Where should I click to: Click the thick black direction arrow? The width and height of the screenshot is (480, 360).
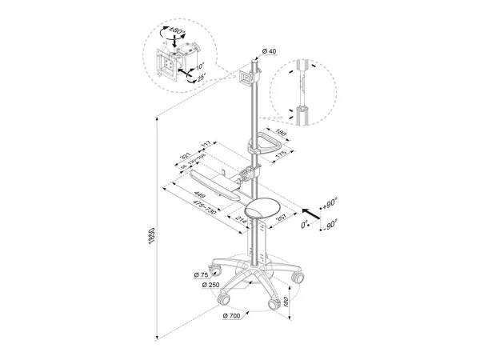314,211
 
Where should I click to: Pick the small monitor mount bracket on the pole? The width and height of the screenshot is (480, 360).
246,78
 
